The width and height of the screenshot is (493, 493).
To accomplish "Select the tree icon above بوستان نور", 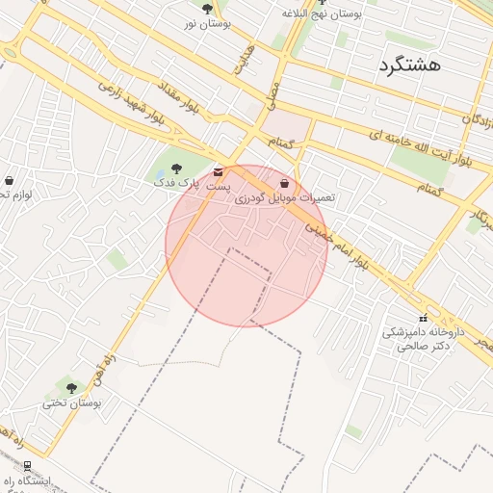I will click(x=207, y=8).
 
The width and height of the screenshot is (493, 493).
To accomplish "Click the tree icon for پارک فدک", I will click(x=175, y=169).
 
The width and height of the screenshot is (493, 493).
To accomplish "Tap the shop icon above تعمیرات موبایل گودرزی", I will click(x=284, y=182).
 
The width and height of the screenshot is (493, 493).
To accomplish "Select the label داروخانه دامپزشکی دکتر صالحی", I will click(x=423, y=338).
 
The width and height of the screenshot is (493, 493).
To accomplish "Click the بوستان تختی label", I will click(x=71, y=402).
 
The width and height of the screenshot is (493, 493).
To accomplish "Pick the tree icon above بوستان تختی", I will click(x=71, y=387).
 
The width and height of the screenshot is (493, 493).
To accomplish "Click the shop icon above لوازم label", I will click(x=9, y=180).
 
